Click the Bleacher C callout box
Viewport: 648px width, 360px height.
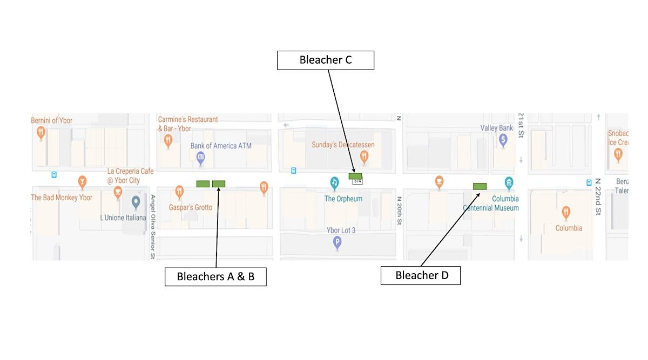coord(325,60)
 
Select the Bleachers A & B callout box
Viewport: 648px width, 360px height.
coord(215,277)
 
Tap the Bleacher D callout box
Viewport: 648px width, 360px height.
coord(421,276)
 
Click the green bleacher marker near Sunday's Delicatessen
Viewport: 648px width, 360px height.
coord(355,176)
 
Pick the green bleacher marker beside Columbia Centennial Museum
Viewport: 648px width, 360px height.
coord(480,186)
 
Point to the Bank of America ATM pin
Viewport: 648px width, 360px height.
coord(200,157)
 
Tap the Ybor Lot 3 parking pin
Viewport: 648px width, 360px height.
coord(337,242)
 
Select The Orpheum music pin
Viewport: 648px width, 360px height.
coord(335,183)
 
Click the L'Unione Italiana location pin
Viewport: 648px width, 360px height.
coord(136,203)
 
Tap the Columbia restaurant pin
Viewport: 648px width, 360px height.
coord(566,212)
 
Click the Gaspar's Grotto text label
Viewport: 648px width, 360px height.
coord(191,208)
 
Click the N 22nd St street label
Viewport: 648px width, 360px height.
coord(598,197)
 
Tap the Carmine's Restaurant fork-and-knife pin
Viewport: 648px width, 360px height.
coord(168,140)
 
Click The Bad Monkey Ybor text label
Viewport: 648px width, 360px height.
coord(62,198)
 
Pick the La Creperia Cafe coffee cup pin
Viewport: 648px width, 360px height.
coord(118,191)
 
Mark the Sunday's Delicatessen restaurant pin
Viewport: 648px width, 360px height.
coord(364,157)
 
